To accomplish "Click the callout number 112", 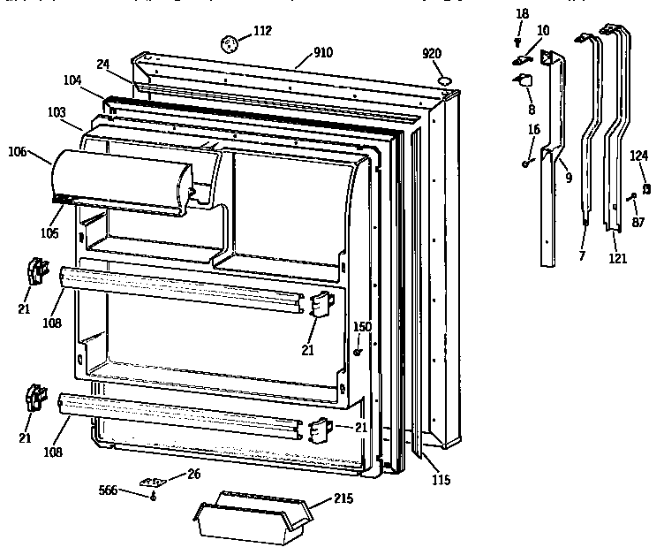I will coord(262,32).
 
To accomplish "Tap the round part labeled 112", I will coord(230,42).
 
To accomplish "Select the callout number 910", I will coord(321,52).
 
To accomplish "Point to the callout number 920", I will coord(432,54).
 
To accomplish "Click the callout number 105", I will coord(49,232).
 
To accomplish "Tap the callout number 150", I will coord(362,327).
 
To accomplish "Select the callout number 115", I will coord(441,480).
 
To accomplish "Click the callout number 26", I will coord(193,475).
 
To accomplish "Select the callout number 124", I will coord(639,156).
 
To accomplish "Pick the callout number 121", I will coord(618,258).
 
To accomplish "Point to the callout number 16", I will coord(534,129).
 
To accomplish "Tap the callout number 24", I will coord(102,64).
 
